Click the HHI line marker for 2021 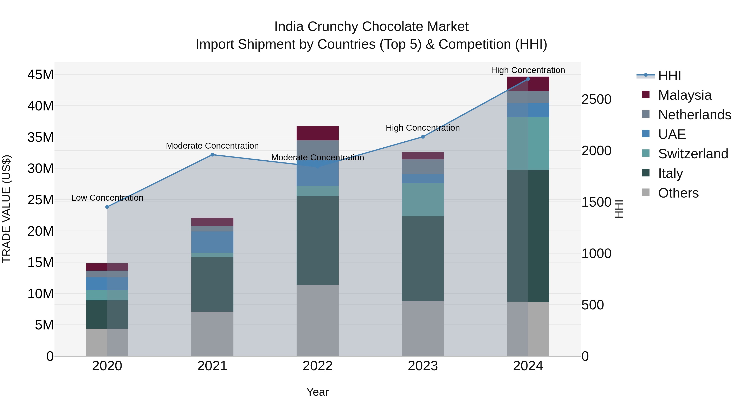point(212,155)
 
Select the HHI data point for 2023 point(423,137)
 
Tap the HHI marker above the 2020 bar point(107,207)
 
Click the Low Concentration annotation point(107,198)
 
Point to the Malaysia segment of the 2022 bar point(318,133)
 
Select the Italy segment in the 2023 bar point(423,258)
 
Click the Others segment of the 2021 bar point(212,334)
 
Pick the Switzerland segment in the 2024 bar point(528,143)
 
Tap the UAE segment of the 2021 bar point(212,242)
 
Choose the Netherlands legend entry point(694,115)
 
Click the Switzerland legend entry point(693,154)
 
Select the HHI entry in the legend point(669,76)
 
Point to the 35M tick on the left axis point(40,137)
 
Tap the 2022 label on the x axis point(318,366)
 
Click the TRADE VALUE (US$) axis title point(6,209)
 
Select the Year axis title point(318,392)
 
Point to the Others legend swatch point(646,192)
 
